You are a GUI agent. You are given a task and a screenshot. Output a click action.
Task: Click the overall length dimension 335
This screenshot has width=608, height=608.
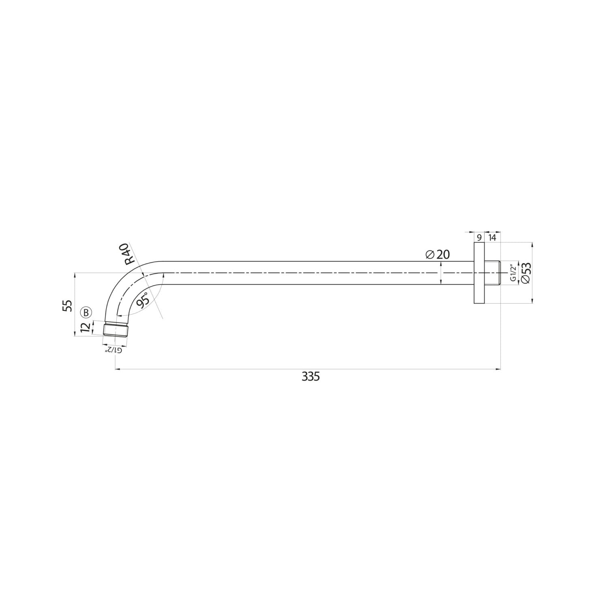pyautogui.click(x=311, y=377)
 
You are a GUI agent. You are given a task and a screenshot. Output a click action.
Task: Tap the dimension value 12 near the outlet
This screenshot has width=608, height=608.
pyautogui.click(x=85, y=328)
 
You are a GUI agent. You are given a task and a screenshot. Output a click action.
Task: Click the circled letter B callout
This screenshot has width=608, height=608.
pyautogui.click(x=86, y=312)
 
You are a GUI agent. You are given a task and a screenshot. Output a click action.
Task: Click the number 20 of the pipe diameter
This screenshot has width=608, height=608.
pyautogui.click(x=443, y=255)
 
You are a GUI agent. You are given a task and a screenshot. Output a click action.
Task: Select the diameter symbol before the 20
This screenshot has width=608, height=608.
pyautogui.click(x=430, y=255)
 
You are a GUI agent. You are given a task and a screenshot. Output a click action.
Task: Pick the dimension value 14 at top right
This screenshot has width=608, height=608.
pyautogui.click(x=492, y=238)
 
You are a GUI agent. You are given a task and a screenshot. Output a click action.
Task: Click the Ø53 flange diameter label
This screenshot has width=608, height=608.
pyautogui.click(x=525, y=273)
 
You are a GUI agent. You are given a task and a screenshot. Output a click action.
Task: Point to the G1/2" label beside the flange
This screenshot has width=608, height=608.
pyautogui.click(x=513, y=273)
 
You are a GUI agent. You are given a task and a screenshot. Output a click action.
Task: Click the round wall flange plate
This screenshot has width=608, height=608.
pyautogui.click(x=479, y=273)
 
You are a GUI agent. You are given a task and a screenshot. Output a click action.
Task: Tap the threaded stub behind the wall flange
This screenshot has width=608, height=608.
pyautogui.click(x=492, y=273)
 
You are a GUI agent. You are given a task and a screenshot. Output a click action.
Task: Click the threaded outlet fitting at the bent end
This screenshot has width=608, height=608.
pyautogui.click(x=116, y=329)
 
